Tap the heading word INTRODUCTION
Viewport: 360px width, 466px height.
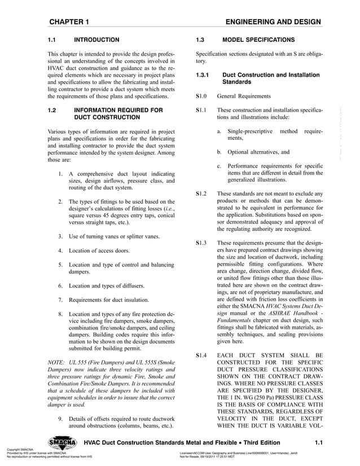tap(97, 40)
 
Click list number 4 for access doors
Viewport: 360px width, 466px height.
tap(60, 250)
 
